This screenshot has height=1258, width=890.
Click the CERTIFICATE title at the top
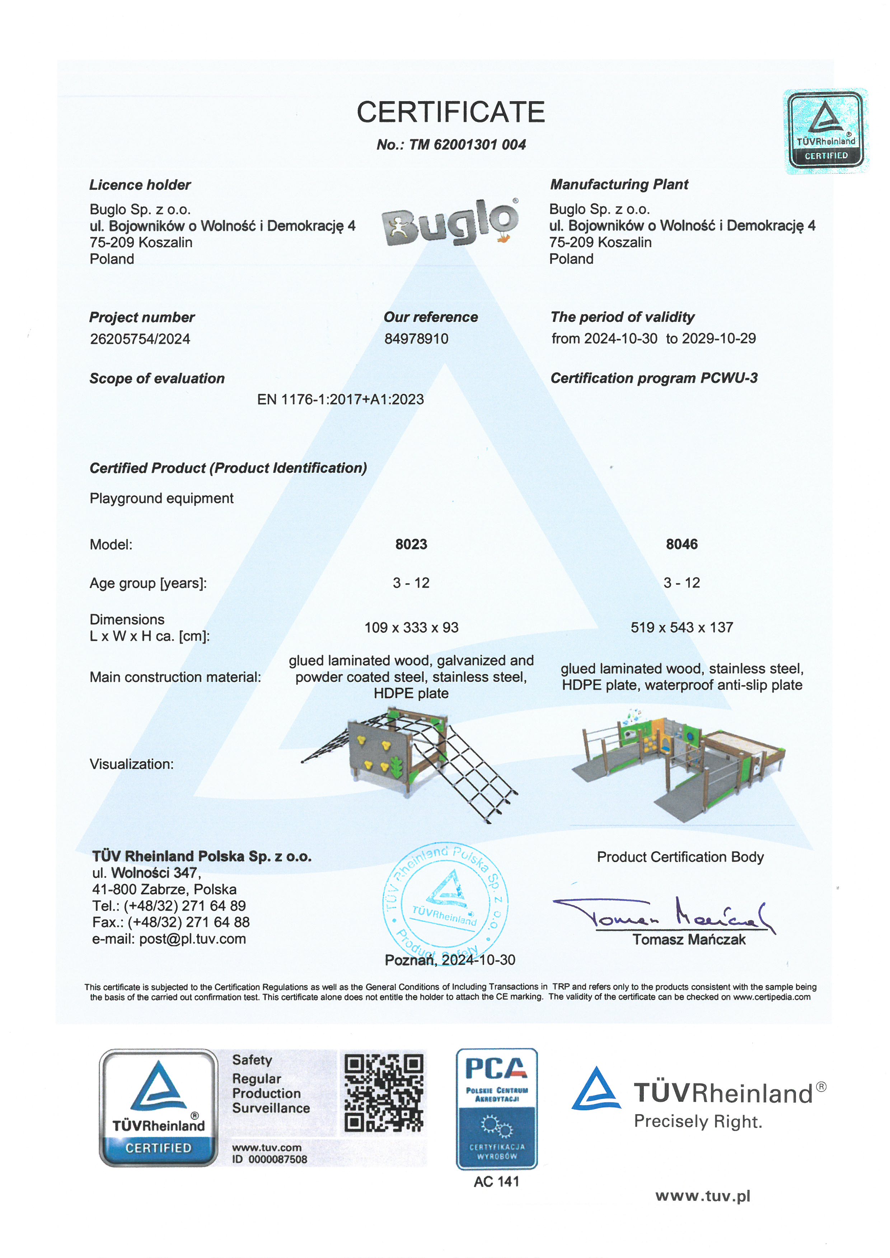[x=450, y=112]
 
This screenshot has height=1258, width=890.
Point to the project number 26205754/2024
[x=140, y=339]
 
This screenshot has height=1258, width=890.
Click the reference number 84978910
[x=416, y=339]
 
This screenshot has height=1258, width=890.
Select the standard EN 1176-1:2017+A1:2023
[x=340, y=400]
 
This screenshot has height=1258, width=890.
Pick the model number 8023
[x=411, y=544]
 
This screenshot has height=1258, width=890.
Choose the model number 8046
[x=682, y=544]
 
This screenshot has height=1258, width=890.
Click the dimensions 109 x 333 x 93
[x=411, y=627]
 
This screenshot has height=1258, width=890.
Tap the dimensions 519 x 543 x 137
[x=682, y=627]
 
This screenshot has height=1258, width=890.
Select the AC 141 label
[x=497, y=1182]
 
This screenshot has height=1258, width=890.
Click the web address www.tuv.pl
[x=703, y=1196]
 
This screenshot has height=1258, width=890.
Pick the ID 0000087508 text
[x=269, y=1159]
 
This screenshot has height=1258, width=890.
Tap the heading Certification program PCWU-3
[x=654, y=378]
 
